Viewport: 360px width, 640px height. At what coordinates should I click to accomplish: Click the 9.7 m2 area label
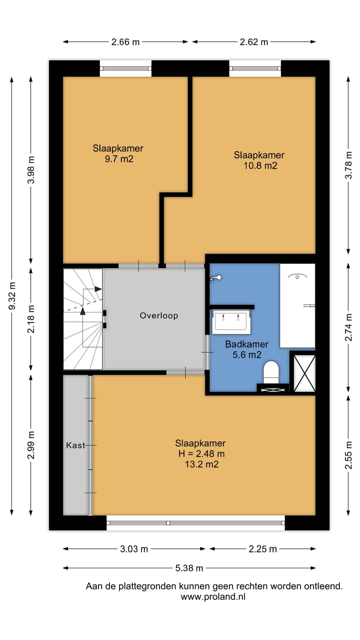[119, 159]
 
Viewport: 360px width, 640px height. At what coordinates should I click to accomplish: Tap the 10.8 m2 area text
[260, 165]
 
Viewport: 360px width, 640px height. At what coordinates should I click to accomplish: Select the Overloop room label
[159, 315]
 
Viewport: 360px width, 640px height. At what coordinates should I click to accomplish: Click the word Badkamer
[246, 344]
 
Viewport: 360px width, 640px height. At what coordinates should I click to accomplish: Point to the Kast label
[75, 445]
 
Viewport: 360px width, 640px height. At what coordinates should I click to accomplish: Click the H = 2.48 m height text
[201, 453]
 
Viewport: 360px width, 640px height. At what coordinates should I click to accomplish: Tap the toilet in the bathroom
[271, 371]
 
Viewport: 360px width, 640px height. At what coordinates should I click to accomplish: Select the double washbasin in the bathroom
[231, 321]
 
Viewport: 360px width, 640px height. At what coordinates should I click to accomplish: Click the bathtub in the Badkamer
[297, 305]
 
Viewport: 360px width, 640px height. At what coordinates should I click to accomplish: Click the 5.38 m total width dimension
[189, 568]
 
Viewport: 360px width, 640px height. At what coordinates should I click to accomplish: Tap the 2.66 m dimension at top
[125, 42]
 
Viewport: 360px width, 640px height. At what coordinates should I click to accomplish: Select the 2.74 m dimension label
[348, 327]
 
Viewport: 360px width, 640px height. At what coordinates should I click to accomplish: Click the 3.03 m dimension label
[134, 549]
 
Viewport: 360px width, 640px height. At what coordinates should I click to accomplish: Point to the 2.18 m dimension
[31, 319]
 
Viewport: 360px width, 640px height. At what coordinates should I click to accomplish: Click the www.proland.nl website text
[213, 596]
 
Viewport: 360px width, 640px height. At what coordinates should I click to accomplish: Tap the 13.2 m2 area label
[201, 464]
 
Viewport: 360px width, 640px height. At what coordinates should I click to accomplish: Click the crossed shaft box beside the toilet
[304, 373]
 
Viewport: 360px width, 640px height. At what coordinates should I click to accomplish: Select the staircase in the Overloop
[83, 319]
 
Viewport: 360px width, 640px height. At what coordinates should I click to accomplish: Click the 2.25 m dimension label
[262, 549]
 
